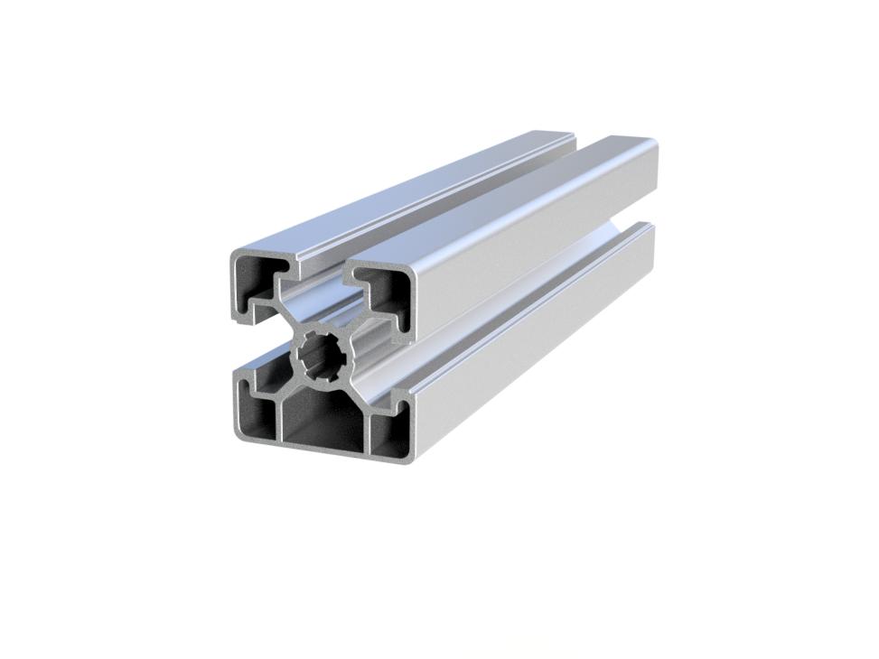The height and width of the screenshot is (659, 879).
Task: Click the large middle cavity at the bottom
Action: (x=323, y=424)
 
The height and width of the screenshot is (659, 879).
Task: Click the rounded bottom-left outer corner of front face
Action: (x=236, y=437)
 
